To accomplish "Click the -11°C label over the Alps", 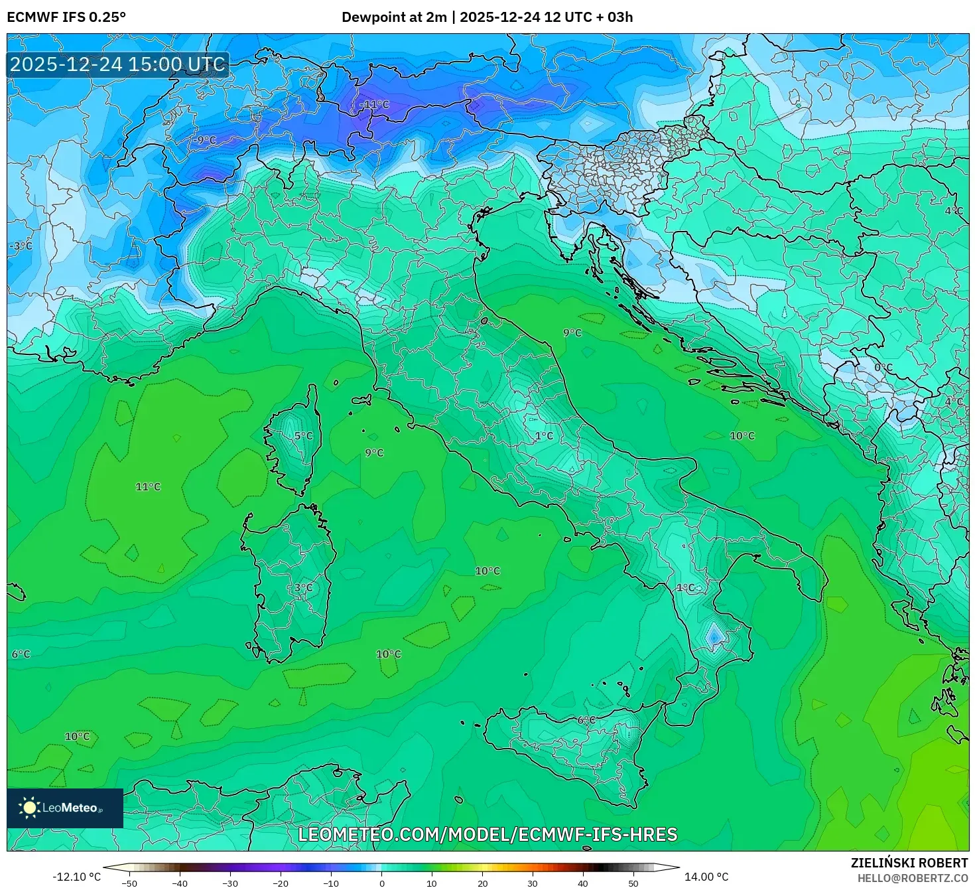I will point(375,105).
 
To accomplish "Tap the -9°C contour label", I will point(206,140).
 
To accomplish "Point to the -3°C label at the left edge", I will point(21,246).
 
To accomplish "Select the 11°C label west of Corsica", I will point(148,486).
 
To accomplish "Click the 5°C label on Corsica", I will point(303,436).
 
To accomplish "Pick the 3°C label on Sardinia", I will point(303,588).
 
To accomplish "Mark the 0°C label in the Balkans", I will point(883,368).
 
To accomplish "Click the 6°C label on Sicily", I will point(586,720).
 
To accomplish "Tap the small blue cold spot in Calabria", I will point(714,636).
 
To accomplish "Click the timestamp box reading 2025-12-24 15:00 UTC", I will point(118,64).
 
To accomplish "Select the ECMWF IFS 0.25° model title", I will point(66,17).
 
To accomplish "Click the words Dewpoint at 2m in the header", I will point(394,17).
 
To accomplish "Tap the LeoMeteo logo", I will point(65,808).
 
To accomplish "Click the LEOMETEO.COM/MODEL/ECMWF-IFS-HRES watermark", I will point(487,834).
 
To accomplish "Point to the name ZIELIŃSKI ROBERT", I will point(909,863).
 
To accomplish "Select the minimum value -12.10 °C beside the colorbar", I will point(76,877).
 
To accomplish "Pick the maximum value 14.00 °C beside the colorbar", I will point(706,877).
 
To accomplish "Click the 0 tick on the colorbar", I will point(381,883).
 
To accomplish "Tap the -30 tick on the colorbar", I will point(229,883).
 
